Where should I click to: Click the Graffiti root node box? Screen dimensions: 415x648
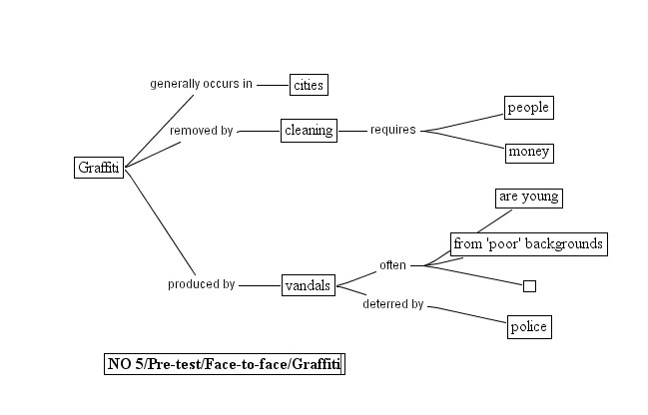point(99,168)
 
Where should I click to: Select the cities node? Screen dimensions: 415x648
point(309,85)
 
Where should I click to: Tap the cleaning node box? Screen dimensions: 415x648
point(309,130)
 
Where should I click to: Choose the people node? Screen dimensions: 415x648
point(528,108)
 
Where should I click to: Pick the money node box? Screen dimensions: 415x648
point(528,153)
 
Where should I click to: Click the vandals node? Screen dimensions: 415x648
point(308,285)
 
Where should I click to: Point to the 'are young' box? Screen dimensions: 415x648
point(528,198)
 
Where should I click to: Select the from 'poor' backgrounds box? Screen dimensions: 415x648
point(528,243)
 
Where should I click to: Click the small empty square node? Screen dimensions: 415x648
point(529,286)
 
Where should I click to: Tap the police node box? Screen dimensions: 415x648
point(528,327)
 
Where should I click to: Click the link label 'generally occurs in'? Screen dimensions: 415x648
point(201,84)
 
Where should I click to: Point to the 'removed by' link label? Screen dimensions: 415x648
point(201,130)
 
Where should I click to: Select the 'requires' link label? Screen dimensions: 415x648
point(392,130)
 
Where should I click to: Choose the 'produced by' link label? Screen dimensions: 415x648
point(201,284)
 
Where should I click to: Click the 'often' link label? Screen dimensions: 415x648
point(392,265)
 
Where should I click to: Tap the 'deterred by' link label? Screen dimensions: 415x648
point(392,304)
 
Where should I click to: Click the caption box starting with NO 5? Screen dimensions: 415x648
point(224,364)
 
